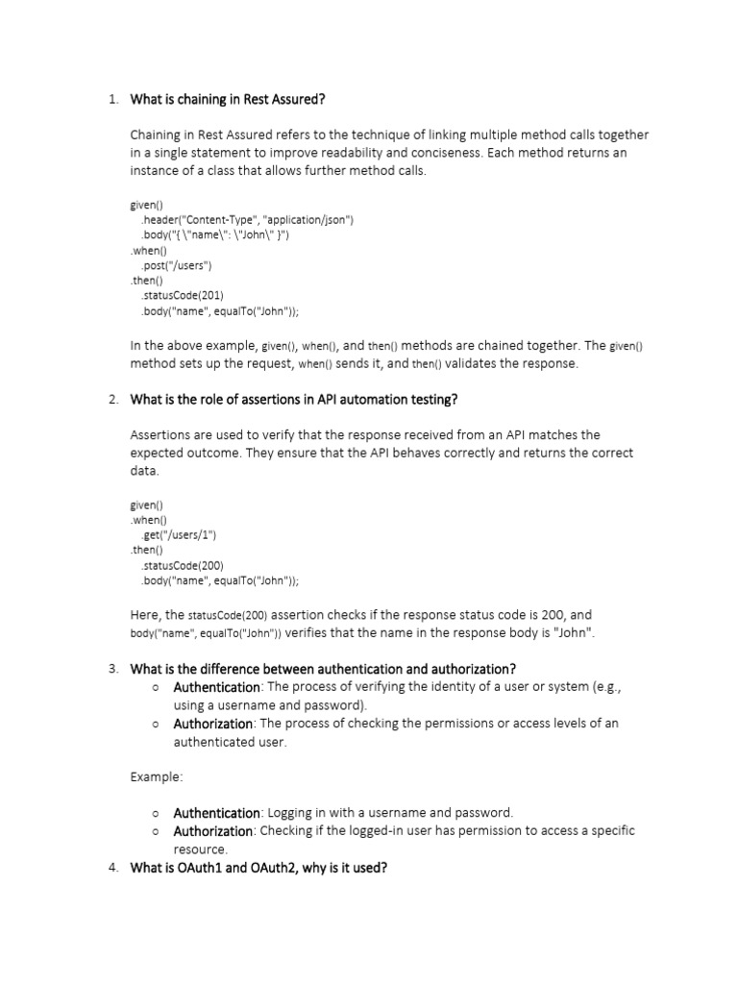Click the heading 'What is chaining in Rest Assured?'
[x=234, y=99]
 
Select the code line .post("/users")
[x=176, y=265]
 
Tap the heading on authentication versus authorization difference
[x=323, y=669]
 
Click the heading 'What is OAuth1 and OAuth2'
[x=258, y=869]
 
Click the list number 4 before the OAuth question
[x=112, y=869]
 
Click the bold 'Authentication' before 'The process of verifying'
[x=216, y=687]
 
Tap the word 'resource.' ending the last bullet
[x=200, y=849]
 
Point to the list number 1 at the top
[x=112, y=99]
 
